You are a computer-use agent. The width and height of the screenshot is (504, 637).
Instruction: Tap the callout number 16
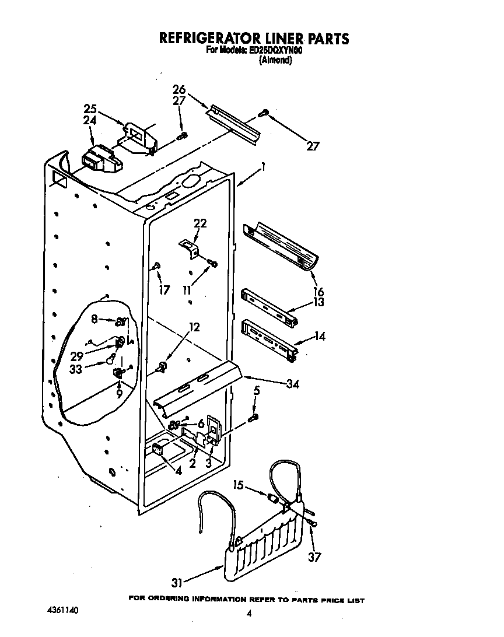(318, 292)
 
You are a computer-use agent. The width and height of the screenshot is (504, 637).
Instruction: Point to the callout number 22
(200, 223)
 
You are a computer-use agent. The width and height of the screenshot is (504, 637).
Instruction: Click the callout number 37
(314, 557)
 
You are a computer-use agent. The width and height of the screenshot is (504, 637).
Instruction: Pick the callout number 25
(90, 108)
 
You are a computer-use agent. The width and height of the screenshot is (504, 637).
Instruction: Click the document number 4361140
(62, 611)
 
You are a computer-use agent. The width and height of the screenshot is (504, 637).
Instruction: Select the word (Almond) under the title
(275, 60)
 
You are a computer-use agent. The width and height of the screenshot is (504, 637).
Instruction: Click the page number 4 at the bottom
(249, 613)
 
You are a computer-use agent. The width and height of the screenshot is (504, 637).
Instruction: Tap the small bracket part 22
(188, 246)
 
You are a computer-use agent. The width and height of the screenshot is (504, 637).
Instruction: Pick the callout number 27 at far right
(313, 146)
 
